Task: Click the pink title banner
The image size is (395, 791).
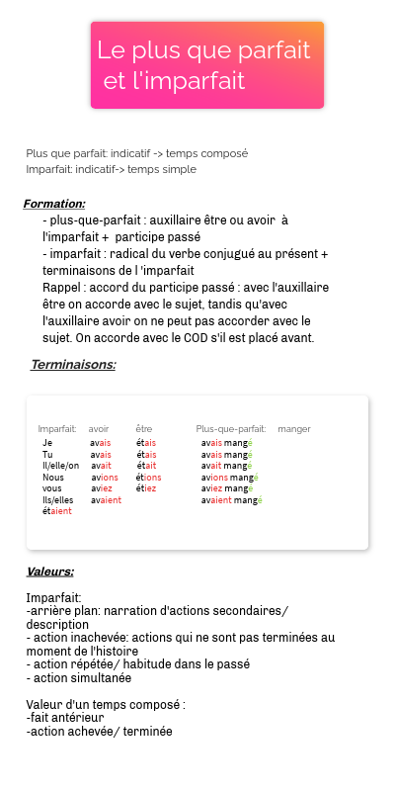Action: point(207,65)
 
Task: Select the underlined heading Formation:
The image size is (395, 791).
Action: point(54,204)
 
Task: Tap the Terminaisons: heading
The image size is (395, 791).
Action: point(73,364)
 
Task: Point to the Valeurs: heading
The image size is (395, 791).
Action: point(50,571)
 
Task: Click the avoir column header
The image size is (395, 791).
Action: point(99,429)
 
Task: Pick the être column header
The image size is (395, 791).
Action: point(144,429)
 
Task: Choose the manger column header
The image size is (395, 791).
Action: point(294,429)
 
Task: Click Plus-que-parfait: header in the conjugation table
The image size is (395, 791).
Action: point(231,429)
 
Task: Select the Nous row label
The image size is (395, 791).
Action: point(53,477)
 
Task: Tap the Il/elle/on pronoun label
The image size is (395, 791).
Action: point(60,466)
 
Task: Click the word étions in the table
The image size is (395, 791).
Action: point(148,477)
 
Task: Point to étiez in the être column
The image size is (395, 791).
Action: point(146,488)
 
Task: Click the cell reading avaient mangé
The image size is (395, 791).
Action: point(231,500)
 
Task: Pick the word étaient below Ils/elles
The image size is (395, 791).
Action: point(56,510)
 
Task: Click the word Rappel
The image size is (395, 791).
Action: point(59,287)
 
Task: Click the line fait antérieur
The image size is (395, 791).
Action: point(65,718)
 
